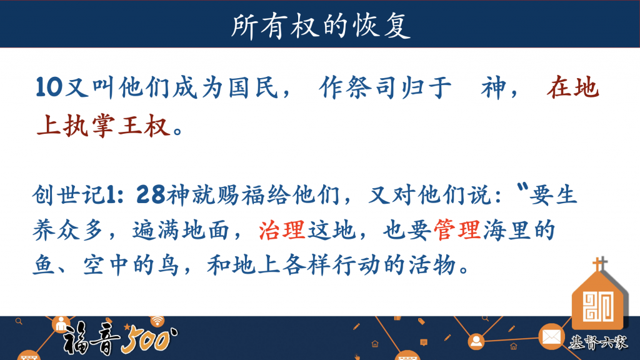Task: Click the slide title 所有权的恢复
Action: pyautogui.click(x=321, y=26)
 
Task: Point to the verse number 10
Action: pyautogui.click(x=49, y=87)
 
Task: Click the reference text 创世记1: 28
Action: pyautogui.click(x=99, y=194)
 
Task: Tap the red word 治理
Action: pyautogui.click(x=282, y=230)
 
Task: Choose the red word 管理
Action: pyautogui.click(x=457, y=230)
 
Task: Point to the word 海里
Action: pyautogui.click(x=507, y=230)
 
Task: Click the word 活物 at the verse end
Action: pyautogui.click(x=432, y=265)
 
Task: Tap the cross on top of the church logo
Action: pyautogui.click(x=599, y=264)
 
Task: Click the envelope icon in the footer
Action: pyautogui.click(x=551, y=337)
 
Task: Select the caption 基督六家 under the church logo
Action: pyautogui.click(x=598, y=342)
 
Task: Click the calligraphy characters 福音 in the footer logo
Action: pyautogui.click(x=91, y=338)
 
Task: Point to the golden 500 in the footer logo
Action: pyautogui.click(x=149, y=340)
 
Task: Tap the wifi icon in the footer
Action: pyautogui.click(x=157, y=320)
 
